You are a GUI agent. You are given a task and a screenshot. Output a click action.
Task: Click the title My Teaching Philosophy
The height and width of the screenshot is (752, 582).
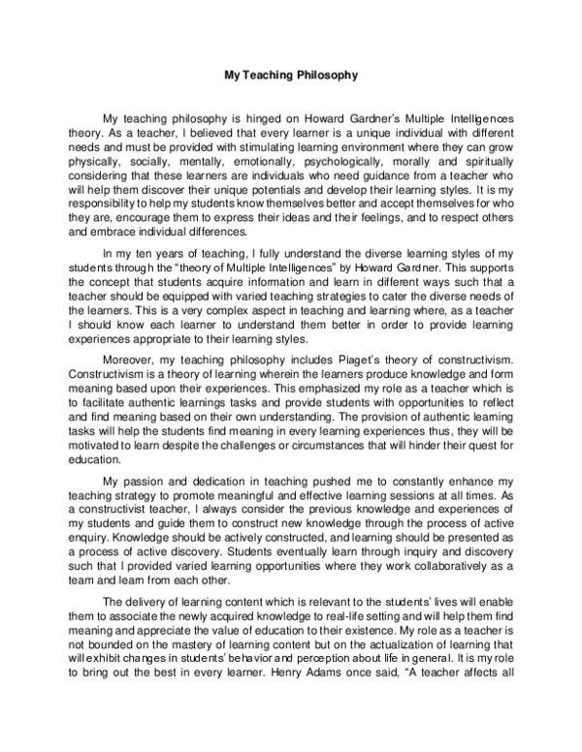coord(291,74)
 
